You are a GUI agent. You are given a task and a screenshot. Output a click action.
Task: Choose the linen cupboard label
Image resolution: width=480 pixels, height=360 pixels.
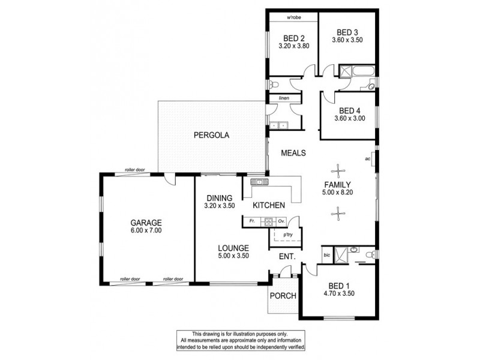coord(284,98)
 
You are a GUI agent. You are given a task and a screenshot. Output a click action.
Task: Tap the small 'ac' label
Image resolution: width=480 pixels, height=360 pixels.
coord(367,159)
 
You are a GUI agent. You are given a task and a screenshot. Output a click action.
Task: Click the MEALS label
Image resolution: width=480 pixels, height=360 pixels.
coord(294,153)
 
